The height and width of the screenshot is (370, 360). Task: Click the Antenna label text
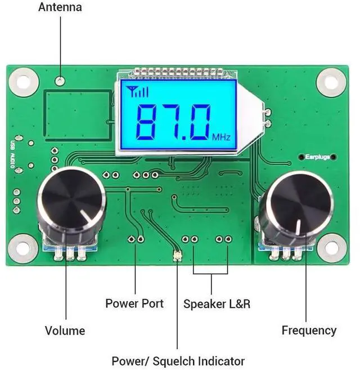pos(60,7)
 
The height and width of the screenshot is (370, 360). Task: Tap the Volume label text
pos(65,331)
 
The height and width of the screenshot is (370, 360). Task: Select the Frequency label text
pos(309,331)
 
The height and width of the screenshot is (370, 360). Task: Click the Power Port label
pos(134,304)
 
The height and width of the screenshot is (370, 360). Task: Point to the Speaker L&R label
pos(217,304)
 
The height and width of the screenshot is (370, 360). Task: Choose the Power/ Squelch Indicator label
pos(178,361)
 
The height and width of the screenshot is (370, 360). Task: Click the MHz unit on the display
pos(221,137)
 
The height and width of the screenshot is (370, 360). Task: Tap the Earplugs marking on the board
pos(317,157)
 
